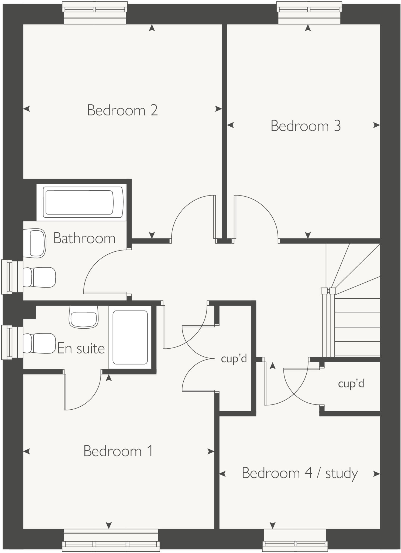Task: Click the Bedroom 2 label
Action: [122, 110]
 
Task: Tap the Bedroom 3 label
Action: [306, 126]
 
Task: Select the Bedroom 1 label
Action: [118, 451]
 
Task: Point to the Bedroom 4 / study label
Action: [300, 473]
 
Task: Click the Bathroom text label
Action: [84, 238]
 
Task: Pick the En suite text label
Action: [81, 348]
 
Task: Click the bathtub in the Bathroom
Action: [81, 202]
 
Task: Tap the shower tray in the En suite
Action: [130, 337]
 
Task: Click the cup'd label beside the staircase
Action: [351, 384]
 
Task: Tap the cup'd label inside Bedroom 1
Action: [234, 359]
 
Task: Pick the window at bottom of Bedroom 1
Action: [111, 540]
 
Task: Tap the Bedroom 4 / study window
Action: [295, 540]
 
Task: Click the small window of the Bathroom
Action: [12, 277]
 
